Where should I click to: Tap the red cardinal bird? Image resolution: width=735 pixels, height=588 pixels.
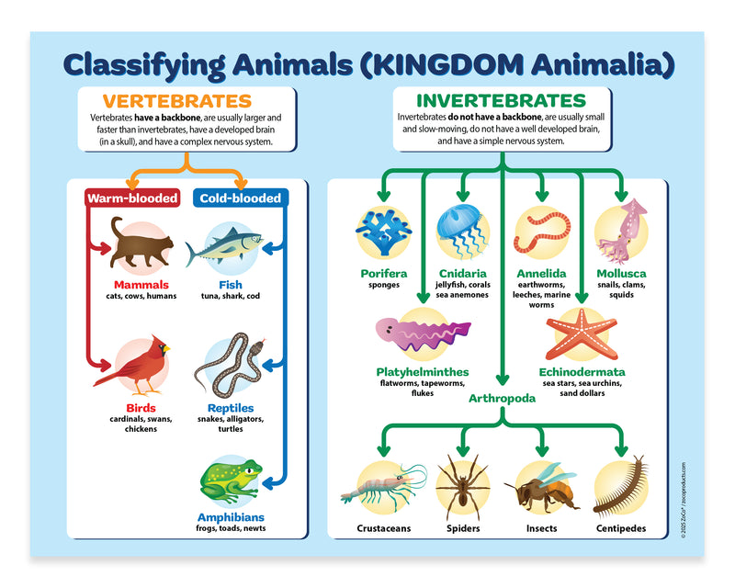click(136, 364)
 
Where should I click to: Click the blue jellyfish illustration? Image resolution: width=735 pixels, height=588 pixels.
click(460, 231)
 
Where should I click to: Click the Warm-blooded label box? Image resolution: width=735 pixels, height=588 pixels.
click(131, 198)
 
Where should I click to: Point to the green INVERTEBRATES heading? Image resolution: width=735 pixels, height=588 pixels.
click(501, 100)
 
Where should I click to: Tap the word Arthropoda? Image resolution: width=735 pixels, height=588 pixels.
click(501, 398)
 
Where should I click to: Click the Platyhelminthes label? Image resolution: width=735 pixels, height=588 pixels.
click(423, 372)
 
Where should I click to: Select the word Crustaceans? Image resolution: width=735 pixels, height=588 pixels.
click(384, 528)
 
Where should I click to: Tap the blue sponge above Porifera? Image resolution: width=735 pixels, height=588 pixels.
click(383, 232)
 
